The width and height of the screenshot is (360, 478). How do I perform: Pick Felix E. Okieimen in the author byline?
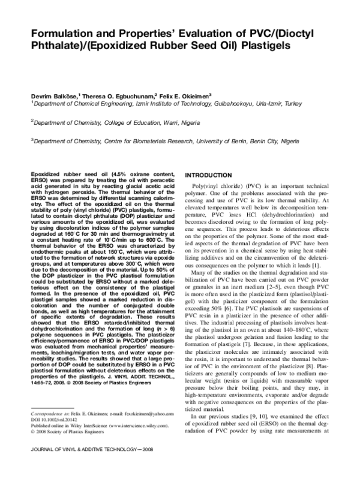pyautogui.click(x=189, y=96)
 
